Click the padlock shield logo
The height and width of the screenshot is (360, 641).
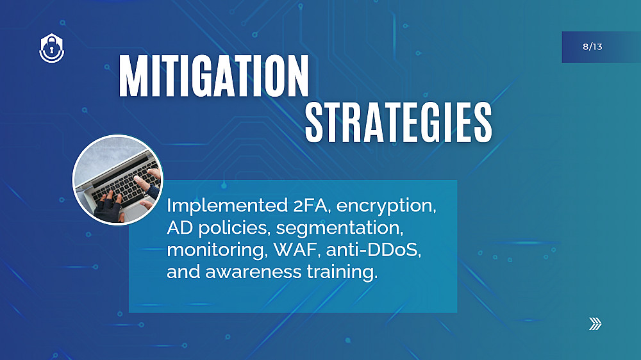51,48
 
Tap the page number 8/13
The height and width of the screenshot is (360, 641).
592,47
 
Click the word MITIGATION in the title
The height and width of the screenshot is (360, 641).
214,76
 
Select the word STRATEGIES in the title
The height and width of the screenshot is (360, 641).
399,122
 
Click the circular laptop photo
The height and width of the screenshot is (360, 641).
118,180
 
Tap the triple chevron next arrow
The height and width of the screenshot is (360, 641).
595,323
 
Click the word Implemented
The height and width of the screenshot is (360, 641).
228,206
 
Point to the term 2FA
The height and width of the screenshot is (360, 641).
311,205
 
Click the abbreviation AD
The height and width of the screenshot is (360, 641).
179,227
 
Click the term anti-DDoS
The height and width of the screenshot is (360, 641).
373,250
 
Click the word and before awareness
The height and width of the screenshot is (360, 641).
183,272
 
